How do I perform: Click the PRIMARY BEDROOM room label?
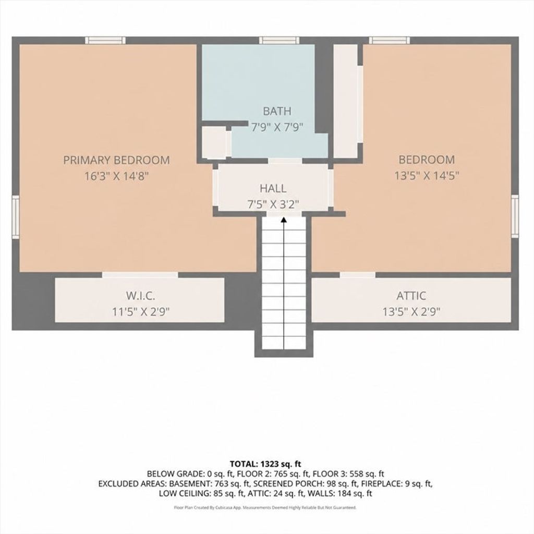(116, 160)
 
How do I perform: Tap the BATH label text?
(277, 111)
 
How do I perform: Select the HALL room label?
(273, 188)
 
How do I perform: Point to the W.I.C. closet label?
(141, 295)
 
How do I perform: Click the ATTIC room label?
(411, 295)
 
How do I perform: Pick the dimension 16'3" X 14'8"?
(117, 176)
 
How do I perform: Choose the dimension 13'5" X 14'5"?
(427, 175)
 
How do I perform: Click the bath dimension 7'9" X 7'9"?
(277, 127)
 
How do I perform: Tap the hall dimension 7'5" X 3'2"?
(273, 204)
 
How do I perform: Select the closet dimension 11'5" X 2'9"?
(141, 312)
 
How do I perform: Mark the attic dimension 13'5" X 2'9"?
(411, 312)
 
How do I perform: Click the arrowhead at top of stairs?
(284, 220)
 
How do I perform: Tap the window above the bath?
(280, 41)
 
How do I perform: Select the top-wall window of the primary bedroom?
(105, 41)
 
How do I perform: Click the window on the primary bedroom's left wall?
(16, 217)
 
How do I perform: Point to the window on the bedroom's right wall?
(515, 216)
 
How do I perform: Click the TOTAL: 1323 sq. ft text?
(265, 464)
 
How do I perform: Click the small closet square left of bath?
(214, 142)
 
